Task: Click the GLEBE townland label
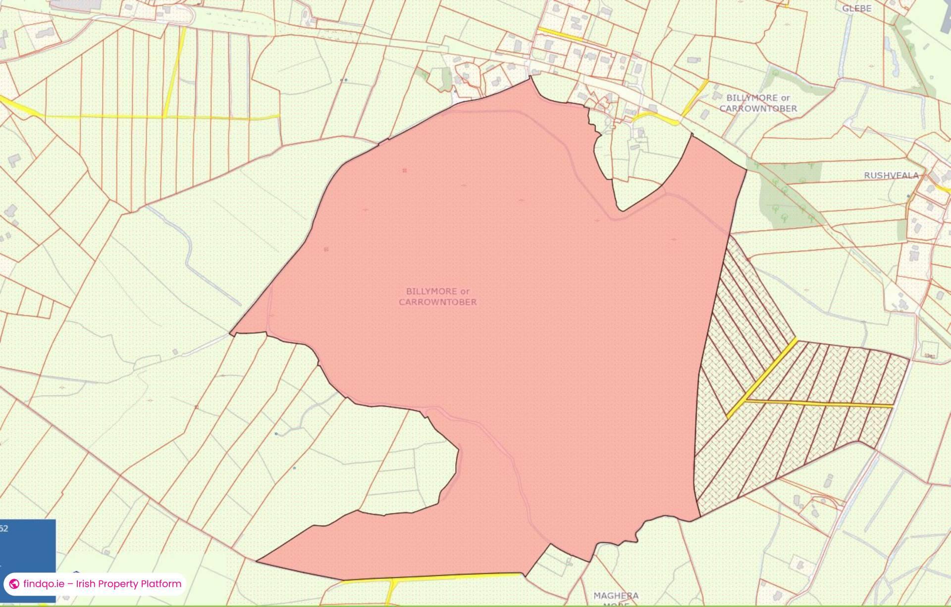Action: click(x=856, y=8)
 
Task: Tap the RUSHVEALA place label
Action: click(x=891, y=175)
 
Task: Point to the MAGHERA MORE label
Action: click(x=616, y=599)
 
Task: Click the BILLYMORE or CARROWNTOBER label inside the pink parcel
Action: click(x=438, y=297)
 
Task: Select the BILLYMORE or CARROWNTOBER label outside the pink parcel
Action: click(x=758, y=103)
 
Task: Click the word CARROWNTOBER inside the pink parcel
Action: click(x=438, y=302)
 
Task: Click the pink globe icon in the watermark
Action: click(x=14, y=584)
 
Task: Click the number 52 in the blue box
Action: click(x=4, y=529)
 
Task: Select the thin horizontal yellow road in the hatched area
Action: click(x=822, y=404)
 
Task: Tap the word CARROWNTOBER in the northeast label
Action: click(x=758, y=108)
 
